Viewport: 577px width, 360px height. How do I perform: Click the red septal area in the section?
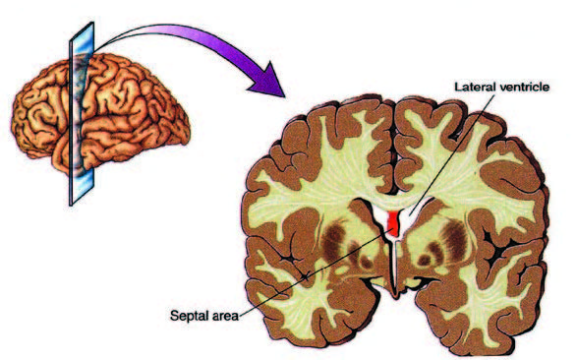pyautogui.click(x=394, y=223)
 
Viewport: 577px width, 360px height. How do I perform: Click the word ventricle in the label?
pyautogui.click(x=524, y=87)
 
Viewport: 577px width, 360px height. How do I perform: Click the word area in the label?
pyautogui.click(x=225, y=317)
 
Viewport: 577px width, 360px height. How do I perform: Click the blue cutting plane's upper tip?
pyautogui.click(x=92, y=23)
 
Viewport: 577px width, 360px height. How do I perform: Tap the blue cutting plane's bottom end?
pyautogui.click(x=71, y=204)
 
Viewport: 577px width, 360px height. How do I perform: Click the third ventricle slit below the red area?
pyautogui.click(x=394, y=265)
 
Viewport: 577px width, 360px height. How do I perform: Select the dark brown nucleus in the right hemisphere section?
pyautogui.click(x=455, y=239)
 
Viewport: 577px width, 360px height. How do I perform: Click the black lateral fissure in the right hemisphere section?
pyautogui.click(x=499, y=253)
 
